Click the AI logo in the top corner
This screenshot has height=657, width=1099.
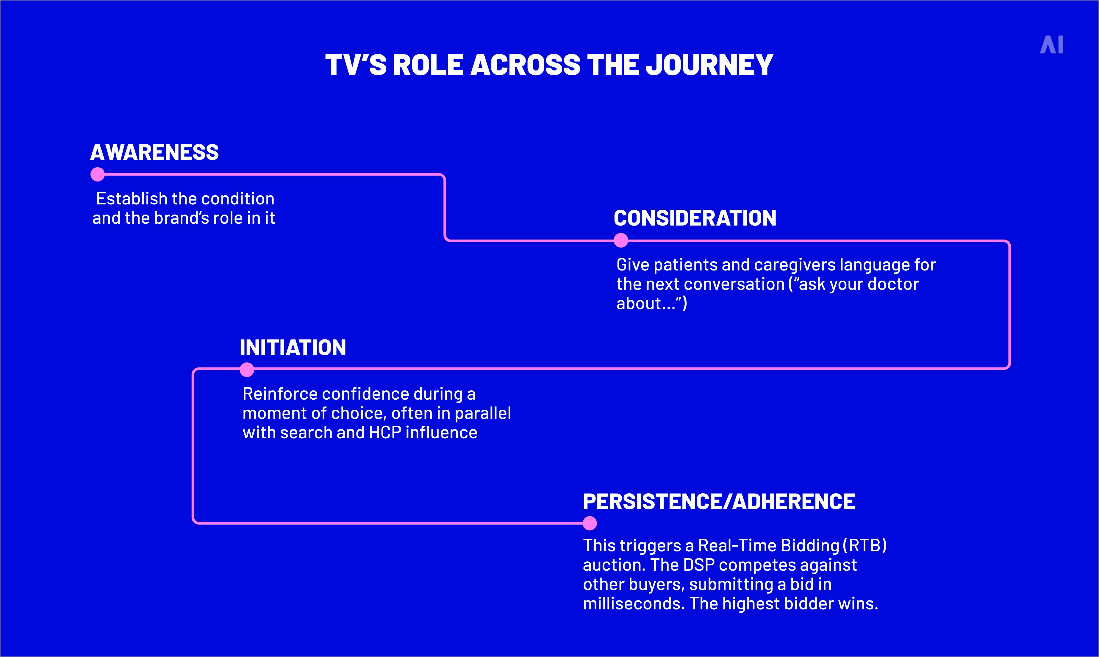(x=1052, y=45)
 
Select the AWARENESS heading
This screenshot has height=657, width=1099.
(x=154, y=152)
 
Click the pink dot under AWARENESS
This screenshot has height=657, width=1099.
(x=97, y=174)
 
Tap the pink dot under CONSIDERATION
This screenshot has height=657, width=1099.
(x=621, y=240)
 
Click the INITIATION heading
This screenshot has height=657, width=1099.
(x=293, y=348)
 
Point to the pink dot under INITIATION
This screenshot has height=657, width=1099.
(x=247, y=369)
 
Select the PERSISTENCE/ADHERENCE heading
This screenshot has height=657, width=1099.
(x=719, y=502)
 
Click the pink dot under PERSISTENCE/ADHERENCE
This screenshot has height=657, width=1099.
(x=589, y=523)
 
